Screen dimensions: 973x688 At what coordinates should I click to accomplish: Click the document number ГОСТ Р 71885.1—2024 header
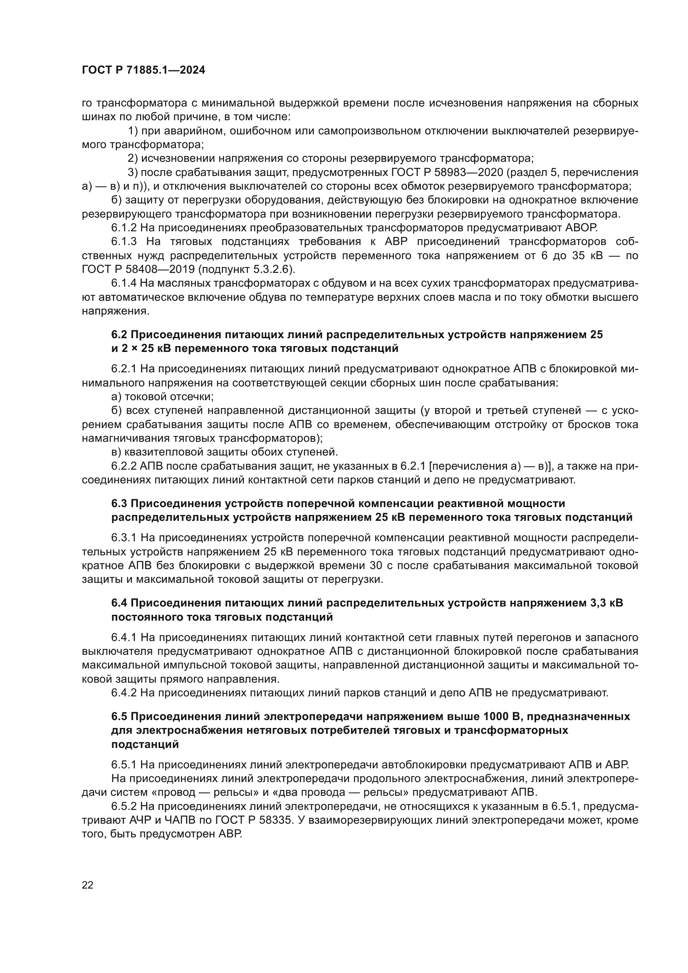coord(143,70)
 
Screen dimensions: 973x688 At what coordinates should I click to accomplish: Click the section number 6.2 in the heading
coord(119,335)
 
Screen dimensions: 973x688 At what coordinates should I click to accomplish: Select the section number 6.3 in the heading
coord(119,503)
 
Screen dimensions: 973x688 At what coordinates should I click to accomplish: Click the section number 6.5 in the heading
coord(119,716)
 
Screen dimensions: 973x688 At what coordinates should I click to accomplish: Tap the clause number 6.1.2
coord(124,228)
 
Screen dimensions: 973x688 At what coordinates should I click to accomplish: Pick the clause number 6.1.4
coord(124,283)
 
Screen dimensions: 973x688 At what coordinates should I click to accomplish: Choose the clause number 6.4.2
coord(124,693)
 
